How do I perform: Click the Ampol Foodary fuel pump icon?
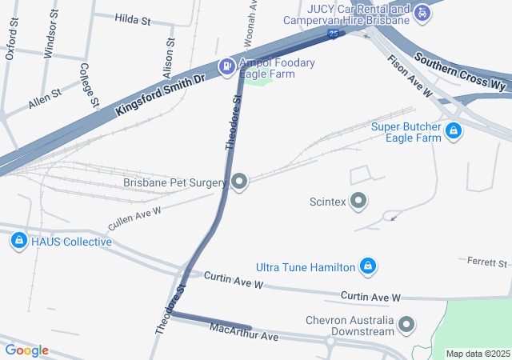pos(227,66)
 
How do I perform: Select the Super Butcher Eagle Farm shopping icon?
pos(454,130)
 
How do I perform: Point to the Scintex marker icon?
pos(358,201)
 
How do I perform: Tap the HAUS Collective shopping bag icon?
pos(18,240)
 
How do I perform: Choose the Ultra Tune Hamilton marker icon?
pos(367,266)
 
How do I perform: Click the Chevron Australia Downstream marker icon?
pos(407,324)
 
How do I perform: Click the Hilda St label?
pos(132,18)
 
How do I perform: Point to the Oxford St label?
pos(11,46)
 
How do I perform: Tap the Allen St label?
pos(44,99)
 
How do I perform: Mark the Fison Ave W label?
pos(410,77)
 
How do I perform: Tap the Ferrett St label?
pos(486,262)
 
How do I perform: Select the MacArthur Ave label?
pos(243,332)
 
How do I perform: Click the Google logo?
pos(26,350)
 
